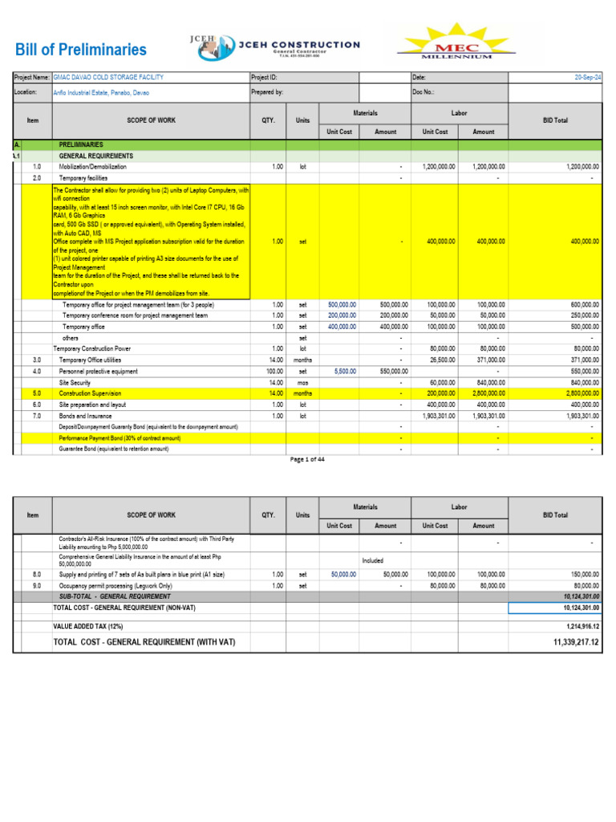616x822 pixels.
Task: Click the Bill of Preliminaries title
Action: (x=81, y=50)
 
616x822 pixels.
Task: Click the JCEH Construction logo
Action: (x=274, y=47)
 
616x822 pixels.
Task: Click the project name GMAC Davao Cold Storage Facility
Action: (x=108, y=77)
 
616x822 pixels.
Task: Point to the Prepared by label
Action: (x=267, y=93)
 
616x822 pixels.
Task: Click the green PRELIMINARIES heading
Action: (x=80, y=144)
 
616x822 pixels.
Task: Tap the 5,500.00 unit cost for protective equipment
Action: (x=342, y=372)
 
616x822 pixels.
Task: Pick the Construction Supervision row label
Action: (x=90, y=394)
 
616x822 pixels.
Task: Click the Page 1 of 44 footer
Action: (x=307, y=459)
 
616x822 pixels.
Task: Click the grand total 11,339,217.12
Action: (x=576, y=642)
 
